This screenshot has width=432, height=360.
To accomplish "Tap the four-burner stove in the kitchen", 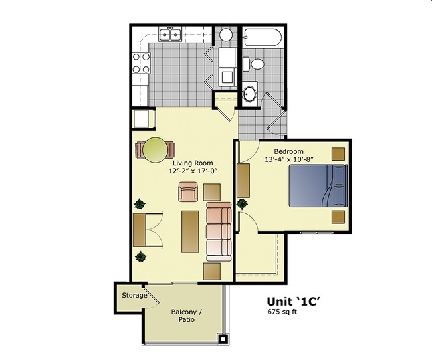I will click(x=141, y=62).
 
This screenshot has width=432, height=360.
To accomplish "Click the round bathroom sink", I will click(x=251, y=93).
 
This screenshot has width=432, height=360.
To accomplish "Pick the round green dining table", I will click(x=156, y=149).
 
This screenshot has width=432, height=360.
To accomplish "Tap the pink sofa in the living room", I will click(x=218, y=232).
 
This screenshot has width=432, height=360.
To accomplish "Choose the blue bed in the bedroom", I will click(x=318, y=185).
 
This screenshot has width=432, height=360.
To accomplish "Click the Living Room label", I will click(x=193, y=162).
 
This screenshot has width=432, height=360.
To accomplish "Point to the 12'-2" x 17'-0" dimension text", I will click(x=193, y=171).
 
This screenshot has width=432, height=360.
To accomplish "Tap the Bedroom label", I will click(x=288, y=151).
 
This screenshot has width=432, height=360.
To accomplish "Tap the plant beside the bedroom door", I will click(x=241, y=203).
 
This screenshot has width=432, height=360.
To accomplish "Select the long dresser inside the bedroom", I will click(x=243, y=179).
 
